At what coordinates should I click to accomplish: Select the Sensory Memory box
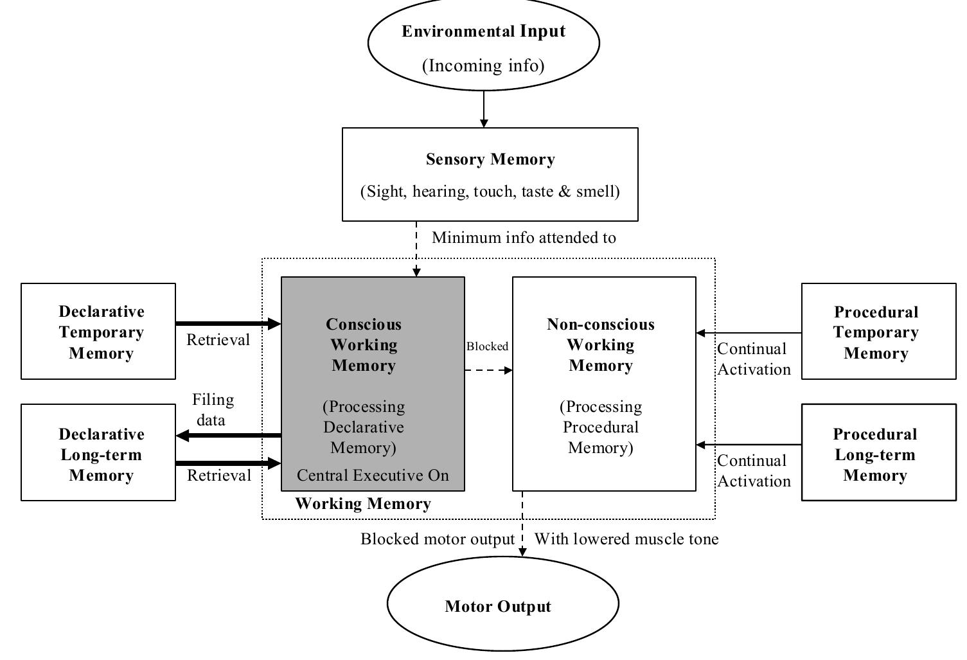[x=490, y=174]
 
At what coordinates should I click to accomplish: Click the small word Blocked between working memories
[x=487, y=346]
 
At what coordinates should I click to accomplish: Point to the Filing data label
[x=212, y=409]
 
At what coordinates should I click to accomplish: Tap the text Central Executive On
[x=373, y=476]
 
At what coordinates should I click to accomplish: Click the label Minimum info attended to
[x=524, y=238]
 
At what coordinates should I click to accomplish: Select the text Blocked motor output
[x=438, y=539]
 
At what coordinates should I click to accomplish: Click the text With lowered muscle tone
[x=626, y=539]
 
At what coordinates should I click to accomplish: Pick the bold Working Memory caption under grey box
[x=363, y=503]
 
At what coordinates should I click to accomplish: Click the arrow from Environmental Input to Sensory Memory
[x=484, y=109]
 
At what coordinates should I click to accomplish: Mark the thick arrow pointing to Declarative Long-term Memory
[x=228, y=436]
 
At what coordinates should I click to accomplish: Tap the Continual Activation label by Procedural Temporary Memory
[x=754, y=359]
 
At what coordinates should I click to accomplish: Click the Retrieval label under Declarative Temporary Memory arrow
[x=218, y=340]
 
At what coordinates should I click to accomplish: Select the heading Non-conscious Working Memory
[x=601, y=344]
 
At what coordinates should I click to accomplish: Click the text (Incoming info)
[x=483, y=66]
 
